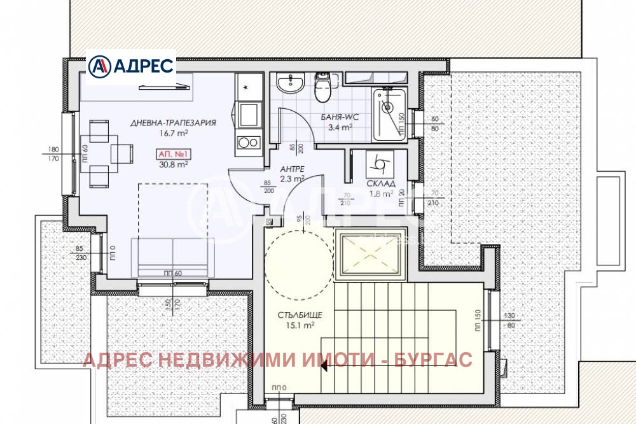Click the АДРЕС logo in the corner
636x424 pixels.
(130, 66)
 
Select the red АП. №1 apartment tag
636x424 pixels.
(172, 153)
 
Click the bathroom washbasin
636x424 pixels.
(293, 82)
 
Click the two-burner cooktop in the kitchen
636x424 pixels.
(248, 143)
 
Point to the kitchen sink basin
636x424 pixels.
(248, 115)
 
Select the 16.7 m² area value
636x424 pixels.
(173, 134)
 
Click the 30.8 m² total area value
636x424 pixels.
(173, 164)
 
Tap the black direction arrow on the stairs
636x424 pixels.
(324, 365)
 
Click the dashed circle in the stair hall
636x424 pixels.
(298, 262)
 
